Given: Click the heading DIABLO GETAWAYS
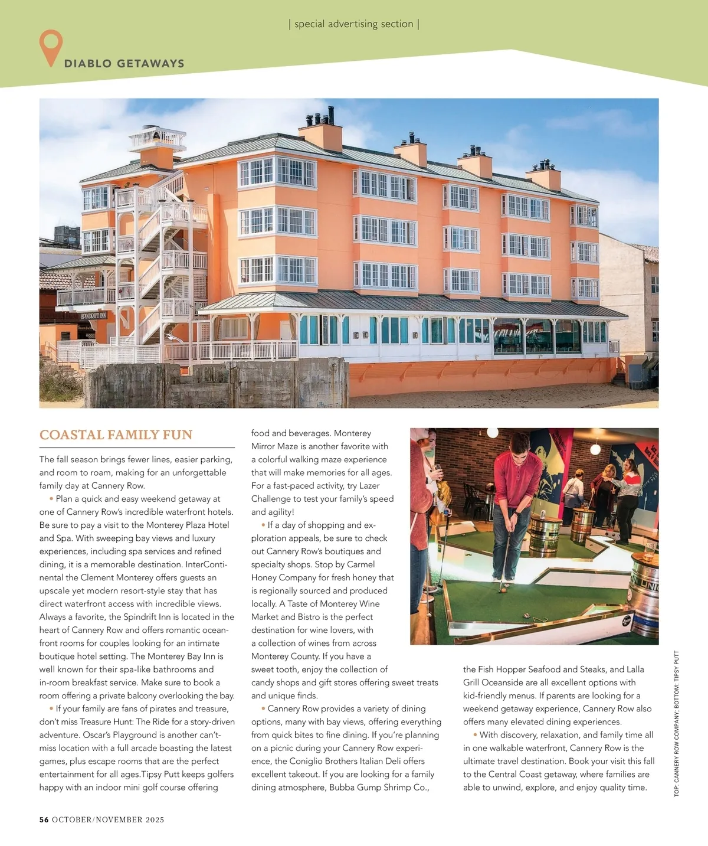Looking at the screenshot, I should click(x=124, y=64).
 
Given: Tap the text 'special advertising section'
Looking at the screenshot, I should click(x=353, y=24).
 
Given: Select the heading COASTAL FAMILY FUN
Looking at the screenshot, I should click(x=116, y=435).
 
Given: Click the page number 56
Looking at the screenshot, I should click(x=44, y=819).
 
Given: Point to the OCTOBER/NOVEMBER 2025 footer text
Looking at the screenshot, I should click(x=108, y=819).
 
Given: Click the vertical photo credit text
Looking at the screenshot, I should click(x=676, y=723).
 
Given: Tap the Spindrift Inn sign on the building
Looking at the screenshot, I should click(x=94, y=316).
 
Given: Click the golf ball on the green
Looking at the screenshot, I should click(x=503, y=589).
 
